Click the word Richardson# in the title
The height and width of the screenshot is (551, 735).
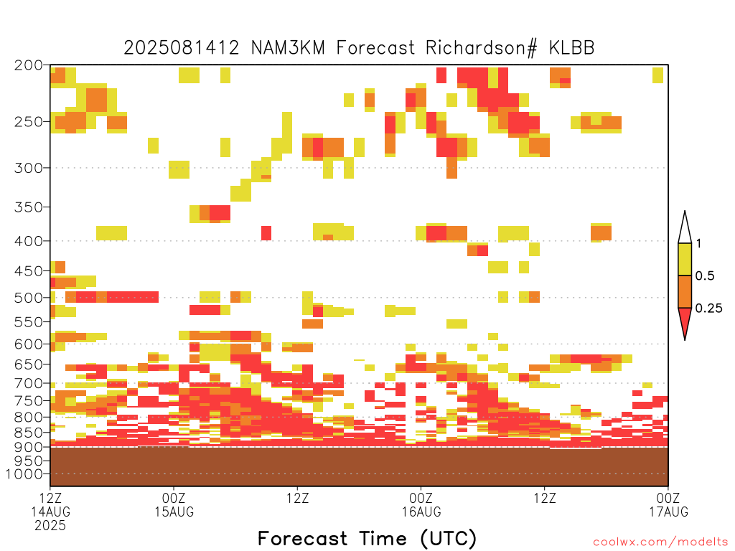pyautogui.click(x=481, y=48)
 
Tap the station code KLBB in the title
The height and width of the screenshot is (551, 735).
pyautogui.click(x=571, y=48)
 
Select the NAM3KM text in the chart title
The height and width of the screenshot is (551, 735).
pyautogui.click(x=288, y=48)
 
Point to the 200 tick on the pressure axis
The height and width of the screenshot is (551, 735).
pyautogui.click(x=29, y=65)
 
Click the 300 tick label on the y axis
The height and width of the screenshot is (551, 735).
pyautogui.click(x=29, y=168)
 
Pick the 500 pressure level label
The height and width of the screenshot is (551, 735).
pyautogui.click(x=29, y=298)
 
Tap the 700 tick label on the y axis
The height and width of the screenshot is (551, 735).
pyautogui.click(x=29, y=383)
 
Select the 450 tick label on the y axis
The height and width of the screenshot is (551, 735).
pyautogui.click(x=29, y=270)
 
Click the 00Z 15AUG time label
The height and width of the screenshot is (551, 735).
pyautogui.click(x=174, y=504)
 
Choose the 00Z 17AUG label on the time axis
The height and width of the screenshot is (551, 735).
pyautogui.click(x=668, y=504)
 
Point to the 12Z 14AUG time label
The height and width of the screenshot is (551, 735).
pyautogui.click(x=50, y=504)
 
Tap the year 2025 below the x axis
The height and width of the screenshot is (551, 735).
pyautogui.click(x=50, y=525)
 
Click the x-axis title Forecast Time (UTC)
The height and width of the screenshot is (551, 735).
pyautogui.click(x=367, y=538)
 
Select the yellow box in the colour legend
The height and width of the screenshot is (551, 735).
pyautogui.click(x=685, y=259)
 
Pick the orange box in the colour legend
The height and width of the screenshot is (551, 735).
pyautogui.click(x=685, y=291)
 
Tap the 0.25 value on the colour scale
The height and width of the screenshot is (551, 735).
pyautogui.click(x=708, y=309)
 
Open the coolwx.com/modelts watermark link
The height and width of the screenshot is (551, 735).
pyautogui.click(x=660, y=542)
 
